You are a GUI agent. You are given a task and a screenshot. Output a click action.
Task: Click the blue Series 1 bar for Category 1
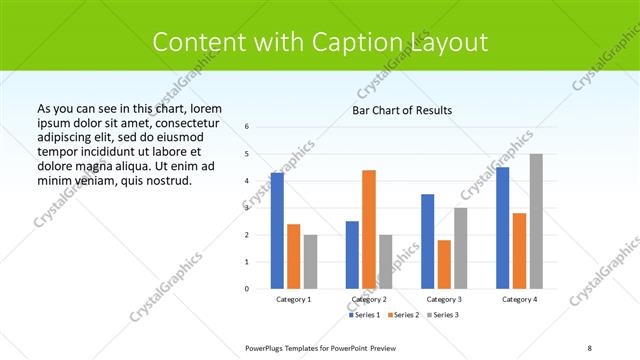[277, 231]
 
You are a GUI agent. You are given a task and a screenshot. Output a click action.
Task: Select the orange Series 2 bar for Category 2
[369, 229]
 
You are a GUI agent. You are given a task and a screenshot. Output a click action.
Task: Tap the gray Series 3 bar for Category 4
[536, 221]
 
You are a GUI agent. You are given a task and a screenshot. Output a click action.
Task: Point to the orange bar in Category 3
[444, 264]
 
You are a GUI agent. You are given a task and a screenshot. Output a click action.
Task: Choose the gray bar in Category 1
[310, 261]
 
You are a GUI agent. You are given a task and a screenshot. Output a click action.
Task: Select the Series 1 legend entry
[365, 315]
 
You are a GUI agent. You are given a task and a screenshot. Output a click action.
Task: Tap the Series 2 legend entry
[404, 315]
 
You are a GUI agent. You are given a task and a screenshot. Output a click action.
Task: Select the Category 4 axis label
[519, 299]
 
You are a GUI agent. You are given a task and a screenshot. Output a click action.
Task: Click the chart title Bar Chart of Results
[402, 110]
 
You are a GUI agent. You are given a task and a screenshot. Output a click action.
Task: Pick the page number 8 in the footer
[590, 347]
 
